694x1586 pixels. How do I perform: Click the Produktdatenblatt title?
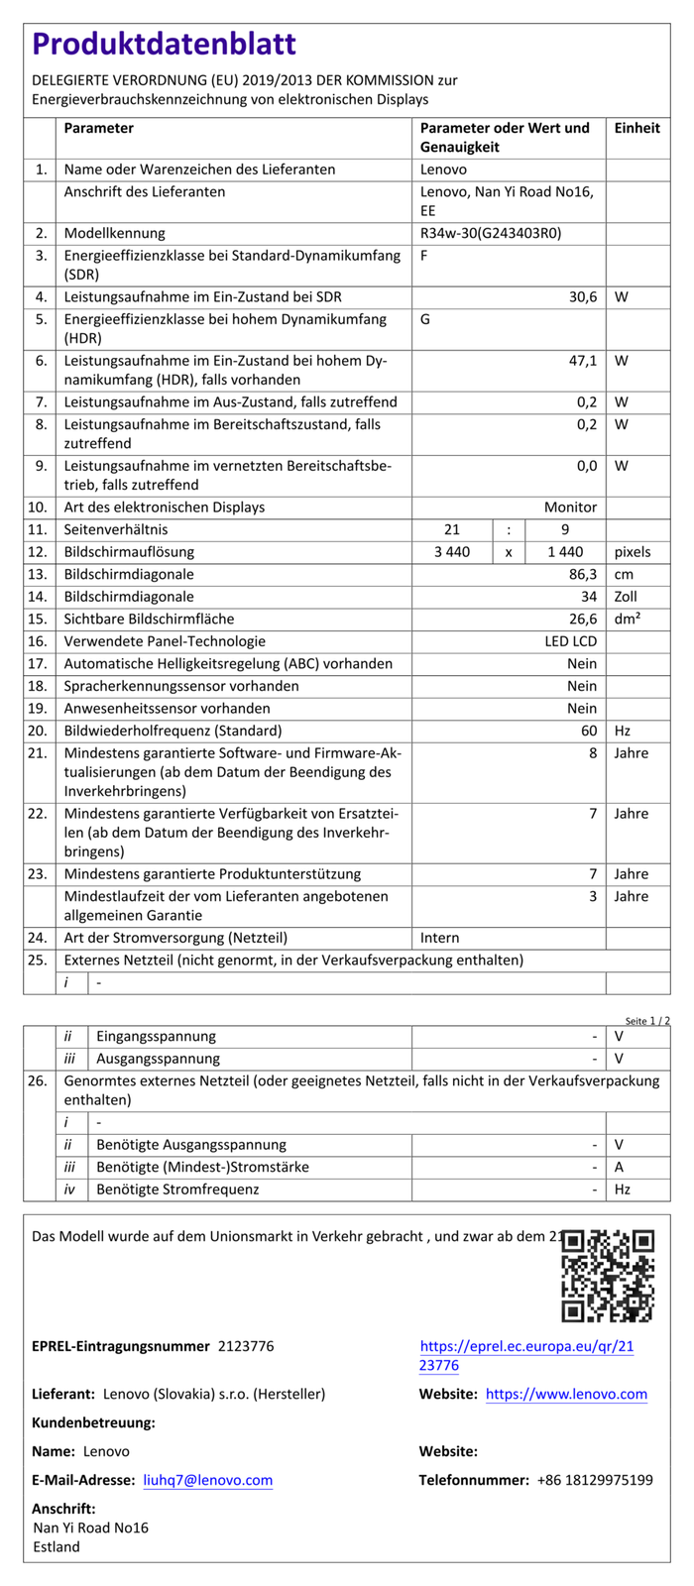165,45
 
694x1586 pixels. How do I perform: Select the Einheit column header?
636,128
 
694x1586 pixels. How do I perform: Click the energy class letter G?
425,319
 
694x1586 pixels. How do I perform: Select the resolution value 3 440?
452,552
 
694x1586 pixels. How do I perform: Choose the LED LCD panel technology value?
570,641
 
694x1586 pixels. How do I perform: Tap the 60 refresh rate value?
589,731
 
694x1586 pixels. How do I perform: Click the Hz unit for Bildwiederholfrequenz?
623,731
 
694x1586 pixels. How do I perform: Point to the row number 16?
38,641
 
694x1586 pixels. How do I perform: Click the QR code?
608,1276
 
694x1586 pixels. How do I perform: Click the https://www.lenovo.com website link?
566,1394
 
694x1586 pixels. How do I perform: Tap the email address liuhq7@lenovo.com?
208,1480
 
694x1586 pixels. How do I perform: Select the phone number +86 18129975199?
595,1480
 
